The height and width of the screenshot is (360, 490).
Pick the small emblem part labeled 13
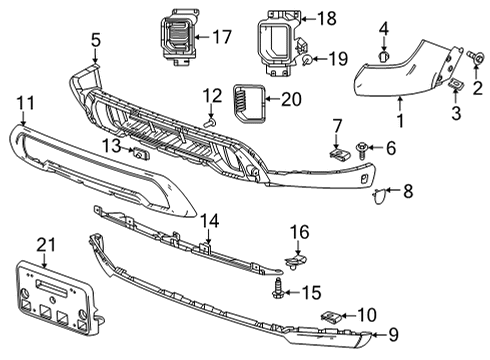(x=140, y=153)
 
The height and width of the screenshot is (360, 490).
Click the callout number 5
(x=95, y=41)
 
